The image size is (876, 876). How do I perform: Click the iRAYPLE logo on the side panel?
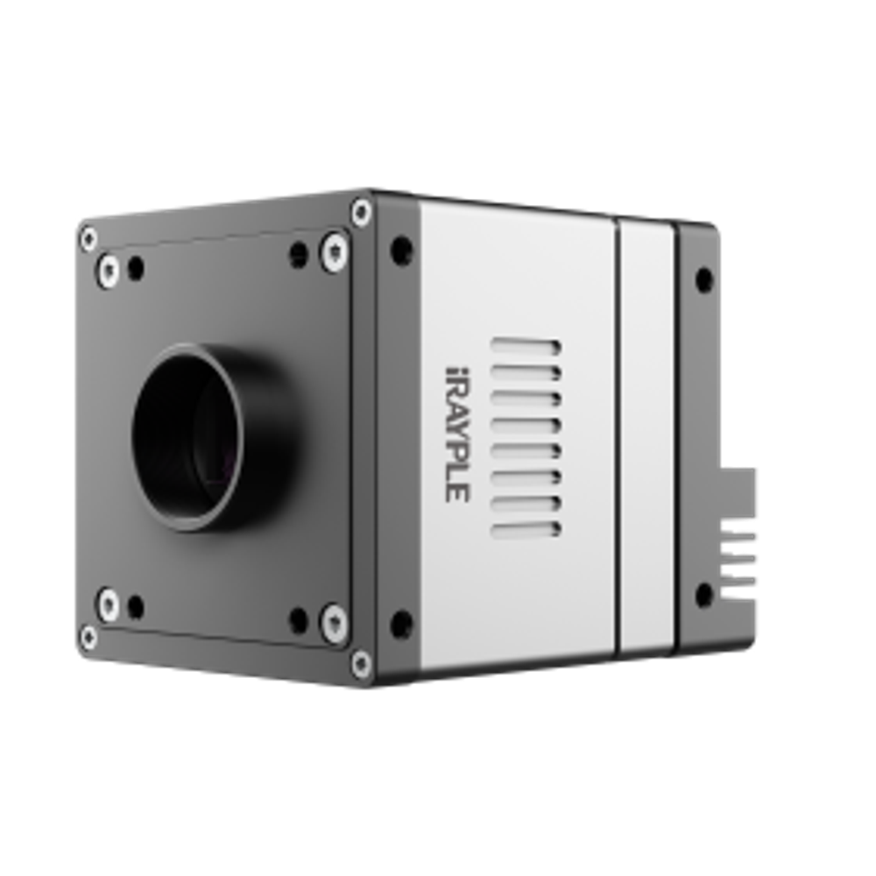[x=457, y=434]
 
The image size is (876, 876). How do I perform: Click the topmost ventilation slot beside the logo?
[x=526, y=346]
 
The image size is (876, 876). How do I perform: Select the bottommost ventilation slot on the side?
[x=526, y=529]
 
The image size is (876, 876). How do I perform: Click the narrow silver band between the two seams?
[x=647, y=438]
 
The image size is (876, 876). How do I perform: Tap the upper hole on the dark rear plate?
[x=704, y=279]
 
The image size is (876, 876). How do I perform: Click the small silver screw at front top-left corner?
[x=88, y=236]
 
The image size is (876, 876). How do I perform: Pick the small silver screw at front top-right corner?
[x=360, y=210]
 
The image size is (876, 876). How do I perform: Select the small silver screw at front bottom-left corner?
[x=88, y=633]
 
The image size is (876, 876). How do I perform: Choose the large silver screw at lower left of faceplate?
[x=109, y=601]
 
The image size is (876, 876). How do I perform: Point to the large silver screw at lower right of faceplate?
[x=334, y=620]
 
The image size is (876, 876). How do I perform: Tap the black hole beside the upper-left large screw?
[x=135, y=266]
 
